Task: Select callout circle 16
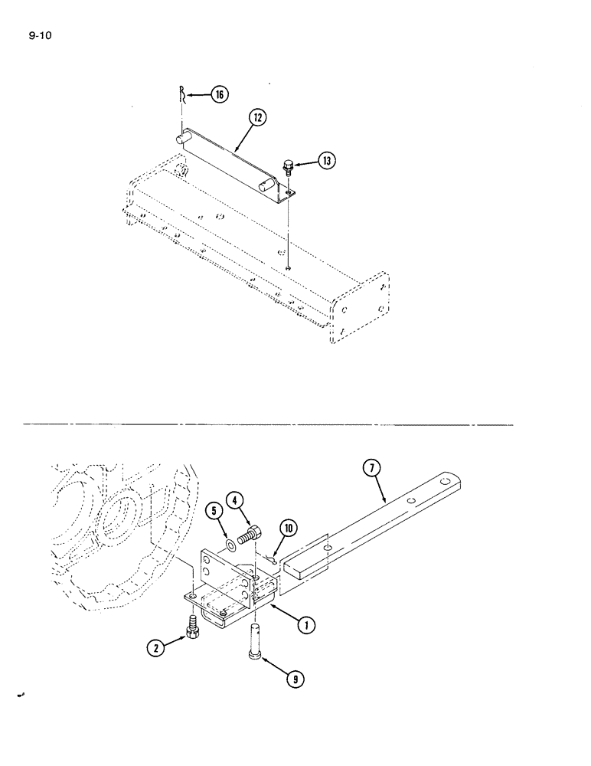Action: click(x=219, y=94)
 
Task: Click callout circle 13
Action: click(x=327, y=161)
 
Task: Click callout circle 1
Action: click(x=306, y=624)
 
